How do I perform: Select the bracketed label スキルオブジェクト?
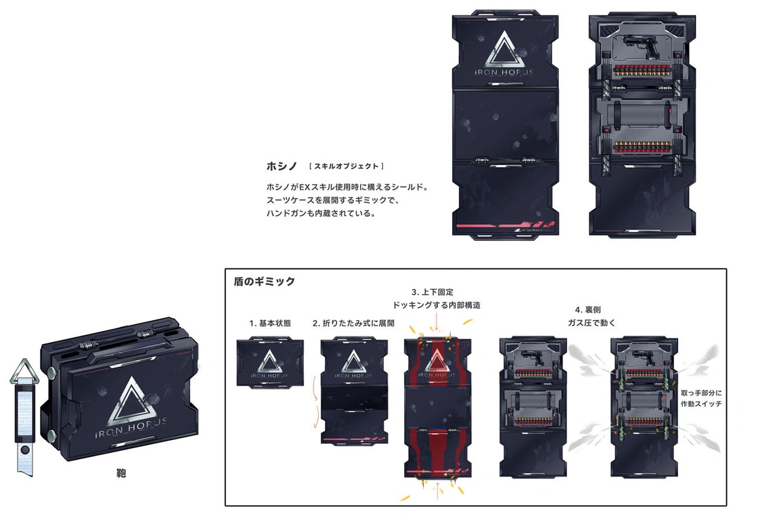tap(346, 166)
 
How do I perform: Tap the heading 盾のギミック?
tap(264, 282)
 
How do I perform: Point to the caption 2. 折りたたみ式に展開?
tap(353, 323)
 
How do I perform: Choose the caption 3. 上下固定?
tap(437, 292)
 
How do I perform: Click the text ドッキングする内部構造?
tap(437, 305)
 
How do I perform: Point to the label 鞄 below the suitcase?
tap(122, 474)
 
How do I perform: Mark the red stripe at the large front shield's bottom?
tap(504, 224)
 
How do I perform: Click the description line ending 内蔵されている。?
tap(321, 214)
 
